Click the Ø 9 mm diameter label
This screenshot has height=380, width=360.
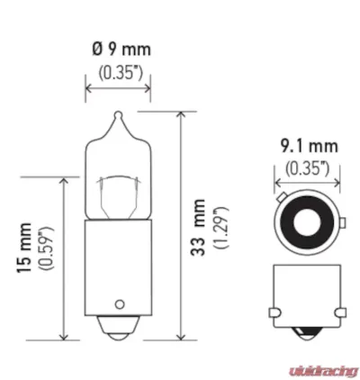click(x=117, y=47)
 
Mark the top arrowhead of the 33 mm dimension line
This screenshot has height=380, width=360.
click(x=182, y=113)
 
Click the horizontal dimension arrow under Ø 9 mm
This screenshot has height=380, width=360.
click(x=117, y=88)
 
